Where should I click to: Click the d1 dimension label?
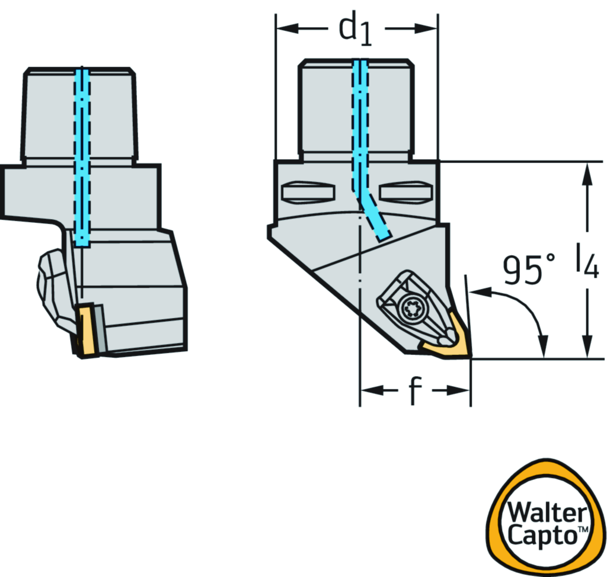tap(354, 30)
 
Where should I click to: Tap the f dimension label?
tap(414, 392)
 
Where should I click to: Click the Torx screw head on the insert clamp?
tap(408, 308)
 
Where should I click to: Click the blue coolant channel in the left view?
tap(82, 154)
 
